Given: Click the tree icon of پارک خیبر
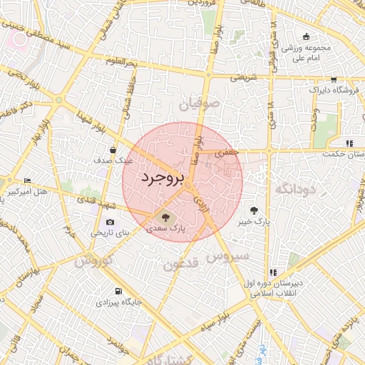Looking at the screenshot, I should coord(255,210).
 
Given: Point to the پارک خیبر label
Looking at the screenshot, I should coord(255,222).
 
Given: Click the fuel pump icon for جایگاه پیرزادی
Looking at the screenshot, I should coord(118,291).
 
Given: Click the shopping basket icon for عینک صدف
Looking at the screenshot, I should coord(113,149).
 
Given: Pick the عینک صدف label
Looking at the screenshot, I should coord(113,161).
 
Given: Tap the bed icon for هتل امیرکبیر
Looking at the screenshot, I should coord(27,180).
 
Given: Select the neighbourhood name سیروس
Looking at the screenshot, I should coord(227,255).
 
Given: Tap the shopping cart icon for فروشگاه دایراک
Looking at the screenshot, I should coord(334,80).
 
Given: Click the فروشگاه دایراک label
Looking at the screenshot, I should coord(327,91).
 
